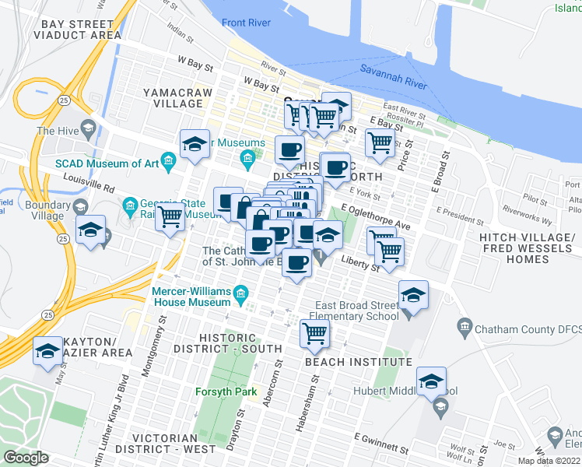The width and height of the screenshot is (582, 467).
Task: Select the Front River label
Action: tap(246, 23)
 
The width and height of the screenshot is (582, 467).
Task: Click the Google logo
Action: tap(26, 458)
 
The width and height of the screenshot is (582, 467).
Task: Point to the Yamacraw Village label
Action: tap(173, 97)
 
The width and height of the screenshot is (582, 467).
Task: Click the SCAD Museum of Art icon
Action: tap(167, 163)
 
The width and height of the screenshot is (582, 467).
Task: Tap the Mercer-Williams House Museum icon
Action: tap(241, 294)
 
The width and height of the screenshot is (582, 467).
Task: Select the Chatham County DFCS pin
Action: tap(465, 324)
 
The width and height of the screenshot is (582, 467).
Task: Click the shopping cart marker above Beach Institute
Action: tap(314, 333)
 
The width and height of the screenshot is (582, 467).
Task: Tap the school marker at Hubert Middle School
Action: tap(429, 381)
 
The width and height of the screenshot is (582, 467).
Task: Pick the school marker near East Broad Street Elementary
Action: tap(412, 295)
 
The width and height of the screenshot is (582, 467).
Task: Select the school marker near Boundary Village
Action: tap(91, 230)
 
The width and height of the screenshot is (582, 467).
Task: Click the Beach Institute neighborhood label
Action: tap(358, 363)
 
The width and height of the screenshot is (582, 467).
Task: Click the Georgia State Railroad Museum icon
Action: tap(130, 206)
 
